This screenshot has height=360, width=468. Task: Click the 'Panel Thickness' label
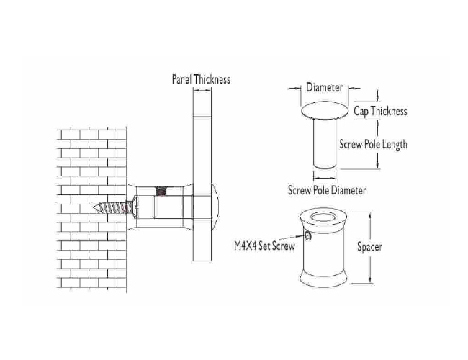click(x=201, y=79)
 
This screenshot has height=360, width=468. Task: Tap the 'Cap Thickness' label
click(x=380, y=112)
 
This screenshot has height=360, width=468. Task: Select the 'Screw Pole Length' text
click(x=373, y=145)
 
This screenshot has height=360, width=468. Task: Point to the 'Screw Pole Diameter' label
click(x=327, y=190)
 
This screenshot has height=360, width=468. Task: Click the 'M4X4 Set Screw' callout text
click(x=264, y=246)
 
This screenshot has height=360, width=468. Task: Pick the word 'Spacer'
click(x=370, y=247)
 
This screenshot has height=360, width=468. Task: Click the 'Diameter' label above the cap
click(x=325, y=87)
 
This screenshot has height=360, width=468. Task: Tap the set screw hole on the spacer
click(x=307, y=236)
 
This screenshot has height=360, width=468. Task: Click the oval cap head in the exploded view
click(x=325, y=111)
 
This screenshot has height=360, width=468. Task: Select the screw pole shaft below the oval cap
click(x=325, y=143)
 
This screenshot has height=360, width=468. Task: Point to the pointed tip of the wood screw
click(x=93, y=207)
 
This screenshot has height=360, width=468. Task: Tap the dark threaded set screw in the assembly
click(x=161, y=192)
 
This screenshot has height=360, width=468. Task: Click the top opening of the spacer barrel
click(x=323, y=217)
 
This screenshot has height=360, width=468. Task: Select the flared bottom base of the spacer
click(x=323, y=278)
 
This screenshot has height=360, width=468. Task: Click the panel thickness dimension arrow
click(x=202, y=89)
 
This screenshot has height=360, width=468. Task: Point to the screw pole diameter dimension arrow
click(x=325, y=179)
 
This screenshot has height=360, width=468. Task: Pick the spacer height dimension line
click(x=370, y=248)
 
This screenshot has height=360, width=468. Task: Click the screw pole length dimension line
click(x=378, y=145)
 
